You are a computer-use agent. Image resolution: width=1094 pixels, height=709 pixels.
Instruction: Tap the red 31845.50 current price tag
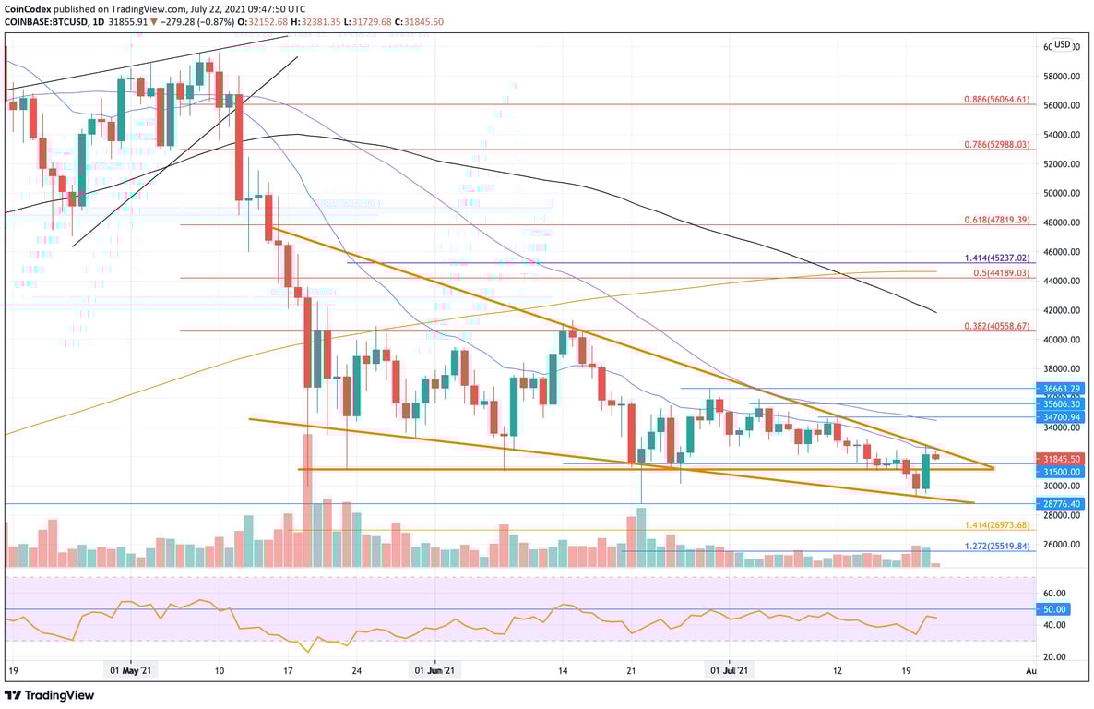point(1061,458)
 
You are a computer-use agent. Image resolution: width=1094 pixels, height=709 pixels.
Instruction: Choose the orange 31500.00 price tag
point(1061,471)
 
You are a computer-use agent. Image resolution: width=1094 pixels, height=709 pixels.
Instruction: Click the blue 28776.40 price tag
point(1061,504)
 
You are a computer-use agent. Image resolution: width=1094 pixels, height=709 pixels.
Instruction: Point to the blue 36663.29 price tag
point(1061,390)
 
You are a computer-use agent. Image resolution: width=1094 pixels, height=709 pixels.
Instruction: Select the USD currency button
point(1063,44)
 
